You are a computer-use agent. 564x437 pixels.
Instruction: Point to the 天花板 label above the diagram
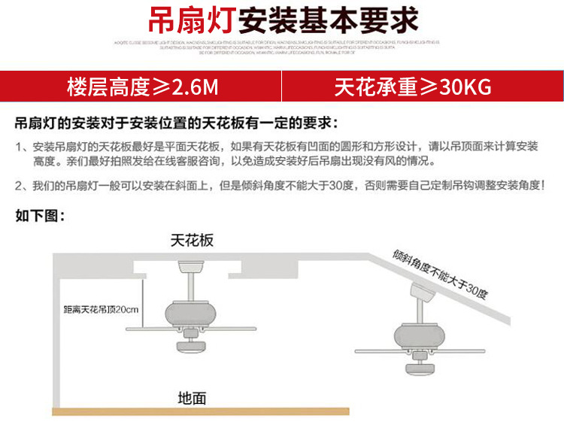coord(192,240)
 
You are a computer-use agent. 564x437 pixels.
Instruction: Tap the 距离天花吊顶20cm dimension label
coord(101,308)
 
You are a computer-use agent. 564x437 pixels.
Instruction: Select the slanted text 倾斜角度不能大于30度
coord(441,272)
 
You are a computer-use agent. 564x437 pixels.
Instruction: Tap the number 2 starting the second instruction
coord(18,186)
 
